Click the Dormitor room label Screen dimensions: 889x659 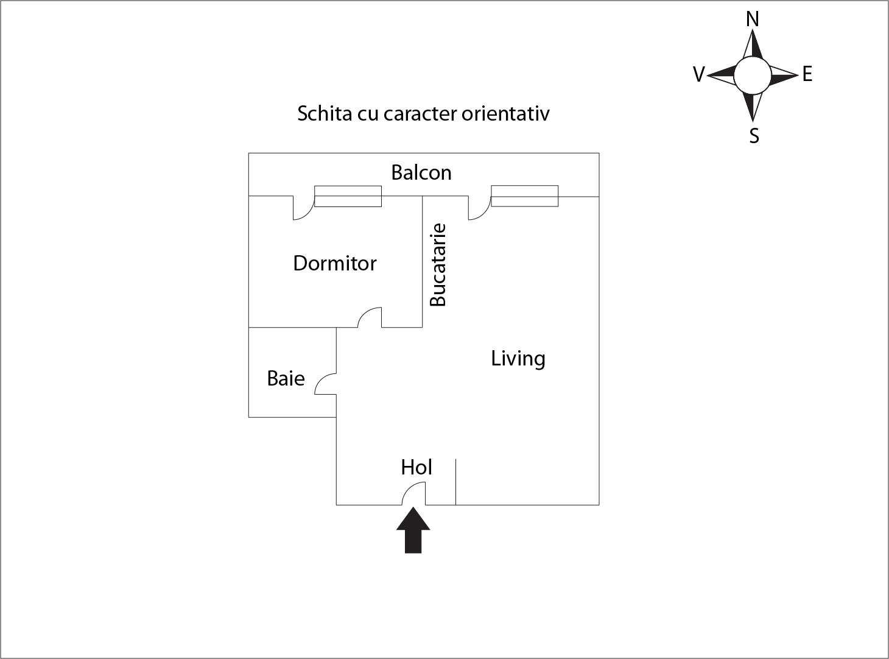[x=335, y=264]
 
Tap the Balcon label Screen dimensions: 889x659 [x=421, y=173]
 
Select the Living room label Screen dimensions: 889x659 [x=518, y=359]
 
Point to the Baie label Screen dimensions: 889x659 [x=286, y=378]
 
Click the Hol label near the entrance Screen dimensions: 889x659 [x=416, y=467]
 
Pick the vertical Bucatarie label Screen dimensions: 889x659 [x=438, y=265]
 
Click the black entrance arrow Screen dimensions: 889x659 [x=413, y=530]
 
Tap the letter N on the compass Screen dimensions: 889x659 [x=753, y=19]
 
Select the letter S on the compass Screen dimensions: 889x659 [x=754, y=136]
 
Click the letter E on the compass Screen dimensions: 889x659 [x=807, y=74]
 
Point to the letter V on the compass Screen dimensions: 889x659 [x=698, y=74]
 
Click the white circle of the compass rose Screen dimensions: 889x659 [x=753, y=75]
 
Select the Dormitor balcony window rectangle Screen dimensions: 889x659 [x=348, y=197]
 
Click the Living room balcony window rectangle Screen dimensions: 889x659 [x=525, y=196]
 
